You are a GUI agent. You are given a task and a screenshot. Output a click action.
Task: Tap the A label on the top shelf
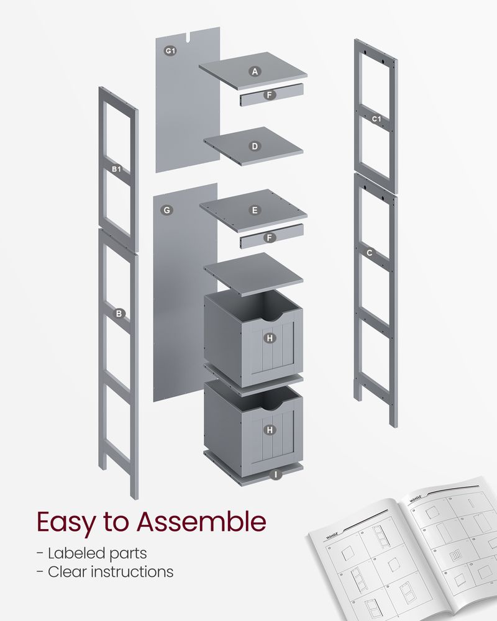(x=254, y=71)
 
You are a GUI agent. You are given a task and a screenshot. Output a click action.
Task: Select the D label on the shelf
(x=254, y=147)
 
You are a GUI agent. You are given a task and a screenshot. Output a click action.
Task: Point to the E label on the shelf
(x=254, y=211)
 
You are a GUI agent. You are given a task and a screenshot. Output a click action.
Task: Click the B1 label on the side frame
(x=116, y=169)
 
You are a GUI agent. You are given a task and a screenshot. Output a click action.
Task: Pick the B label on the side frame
(x=119, y=314)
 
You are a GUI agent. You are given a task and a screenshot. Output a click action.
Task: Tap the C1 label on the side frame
(x=376, y=118)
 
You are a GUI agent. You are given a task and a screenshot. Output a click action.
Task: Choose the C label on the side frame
(x=370, y=253)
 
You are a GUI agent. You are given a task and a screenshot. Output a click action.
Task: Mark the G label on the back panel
(x=166, y=211)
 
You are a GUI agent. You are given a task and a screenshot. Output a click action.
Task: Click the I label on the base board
(x=275, y=474)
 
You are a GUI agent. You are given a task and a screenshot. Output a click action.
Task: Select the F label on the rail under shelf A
(x=269, y=95)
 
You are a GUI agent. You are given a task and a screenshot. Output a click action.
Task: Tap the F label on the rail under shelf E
(x=269, y=237)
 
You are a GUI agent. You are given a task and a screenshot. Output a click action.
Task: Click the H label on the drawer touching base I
(x=269, y=429)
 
